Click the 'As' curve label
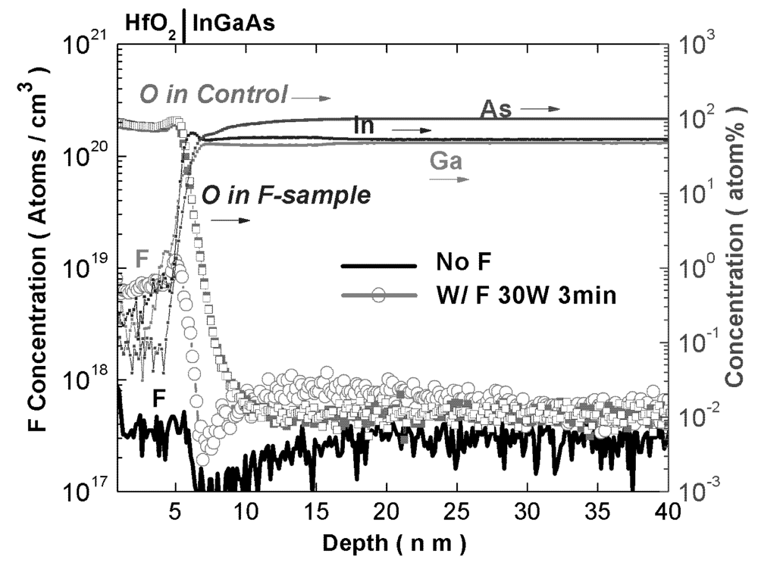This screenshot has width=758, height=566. click(x=496, y=109)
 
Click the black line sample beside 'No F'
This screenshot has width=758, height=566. click(x=380, y=266)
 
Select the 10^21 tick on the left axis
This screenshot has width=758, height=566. click(x=90, y=47)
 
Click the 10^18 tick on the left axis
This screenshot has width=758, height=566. click(x=90, y=380)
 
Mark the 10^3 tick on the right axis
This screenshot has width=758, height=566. click(x=696, y=47)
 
